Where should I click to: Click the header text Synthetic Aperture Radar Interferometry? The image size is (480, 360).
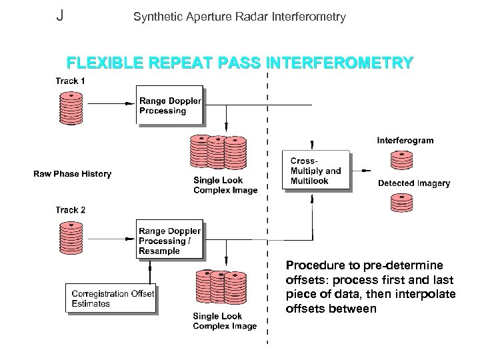(239, 17)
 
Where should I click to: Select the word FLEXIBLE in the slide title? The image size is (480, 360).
(103, 63)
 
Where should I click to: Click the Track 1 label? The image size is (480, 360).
(70, 81)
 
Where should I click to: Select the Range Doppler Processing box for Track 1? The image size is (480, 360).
(169, 105)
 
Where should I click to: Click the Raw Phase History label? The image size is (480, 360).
(72, 174)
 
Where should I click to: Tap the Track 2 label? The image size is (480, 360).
(70, 209)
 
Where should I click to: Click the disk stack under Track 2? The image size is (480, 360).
(71, 236)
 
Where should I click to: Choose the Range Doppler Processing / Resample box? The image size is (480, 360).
(169, 241)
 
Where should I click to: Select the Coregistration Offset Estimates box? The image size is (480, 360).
(111, 298)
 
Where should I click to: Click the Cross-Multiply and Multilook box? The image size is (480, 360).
(316, 171)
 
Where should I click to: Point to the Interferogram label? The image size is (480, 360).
(405, 141)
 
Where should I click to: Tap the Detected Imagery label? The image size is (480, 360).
(414, 183)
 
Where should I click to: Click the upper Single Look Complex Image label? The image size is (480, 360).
(225, 185)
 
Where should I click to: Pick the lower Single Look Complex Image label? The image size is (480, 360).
(225, 321)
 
